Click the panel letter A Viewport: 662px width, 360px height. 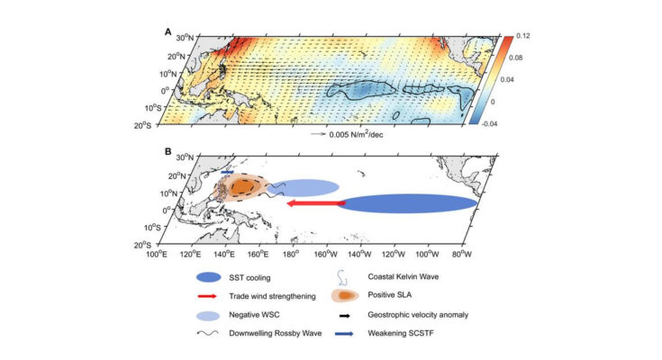[x=168, y=31]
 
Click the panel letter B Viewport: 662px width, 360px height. [x=168, y=151]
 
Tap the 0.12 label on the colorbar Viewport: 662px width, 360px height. [x=522, y=36]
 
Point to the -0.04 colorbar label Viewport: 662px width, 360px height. [x=489, y=124]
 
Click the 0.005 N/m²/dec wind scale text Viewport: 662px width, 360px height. [x=356, y=135]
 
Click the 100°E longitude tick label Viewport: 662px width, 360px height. [x=157, y=254]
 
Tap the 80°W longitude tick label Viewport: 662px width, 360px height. [x=461, y=254]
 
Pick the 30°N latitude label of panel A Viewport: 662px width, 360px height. [x=185, y=38]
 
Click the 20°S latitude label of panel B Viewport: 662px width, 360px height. [x=142, y=245]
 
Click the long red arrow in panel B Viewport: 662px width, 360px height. [x=316, y=203]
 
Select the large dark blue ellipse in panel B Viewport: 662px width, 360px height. [x=407, y=203]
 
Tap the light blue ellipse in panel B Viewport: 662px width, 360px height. [x=304, y=187]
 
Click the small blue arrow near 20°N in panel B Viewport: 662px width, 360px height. [x=227, y=172]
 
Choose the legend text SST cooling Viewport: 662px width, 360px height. [x=249, y=278]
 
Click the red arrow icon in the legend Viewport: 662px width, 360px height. [x=207, y=296]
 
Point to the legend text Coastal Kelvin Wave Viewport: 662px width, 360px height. [x=404, y=277]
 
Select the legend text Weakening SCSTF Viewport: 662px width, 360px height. [x=401, y=333]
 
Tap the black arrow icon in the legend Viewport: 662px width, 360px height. [x=344, y=315]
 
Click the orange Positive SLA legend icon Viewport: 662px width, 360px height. [x=345, y=296]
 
